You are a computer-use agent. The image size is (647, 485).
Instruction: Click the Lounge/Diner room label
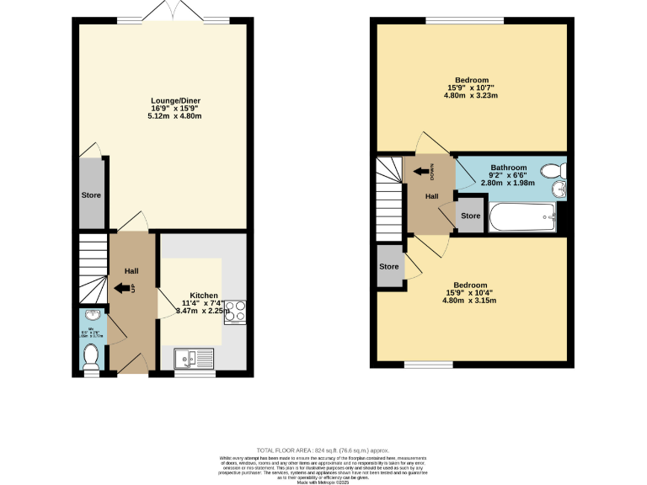pyautogui.click(x=175, y=101)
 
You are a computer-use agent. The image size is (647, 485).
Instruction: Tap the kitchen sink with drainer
pyautogui.click(x=195, y=360)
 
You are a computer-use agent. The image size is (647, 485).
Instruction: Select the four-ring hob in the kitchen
pyautogui.click(x=234, y=311)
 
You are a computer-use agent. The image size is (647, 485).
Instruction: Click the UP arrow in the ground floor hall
pyautogui.click(x=124, y=289)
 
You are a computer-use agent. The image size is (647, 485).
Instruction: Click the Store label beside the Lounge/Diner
pyautogui.click(x=91, y=195)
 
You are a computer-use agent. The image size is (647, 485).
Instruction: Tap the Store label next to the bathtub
pyautogui.click(x=470, y=216)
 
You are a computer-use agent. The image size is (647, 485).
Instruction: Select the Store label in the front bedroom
pyautogui.click(x=388, y=267)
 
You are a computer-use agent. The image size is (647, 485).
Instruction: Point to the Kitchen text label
pyautogui.click(x=203, y=296)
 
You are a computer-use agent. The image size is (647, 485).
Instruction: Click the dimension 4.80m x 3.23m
pyautogui.click(x=472, y=96)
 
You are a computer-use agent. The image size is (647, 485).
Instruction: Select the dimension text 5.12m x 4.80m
pyautogui.click(x=175, y=116)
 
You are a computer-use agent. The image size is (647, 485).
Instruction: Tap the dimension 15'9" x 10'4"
pyautogui.click(x=472, y=293)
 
